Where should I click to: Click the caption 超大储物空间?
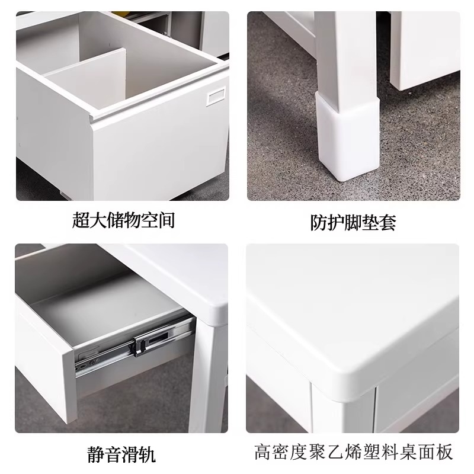(x=124, y=220)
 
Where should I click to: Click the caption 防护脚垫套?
(x=353, y=223)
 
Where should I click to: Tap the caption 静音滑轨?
(x=121, y=454)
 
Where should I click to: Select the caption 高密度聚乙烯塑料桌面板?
(x=353, y=451)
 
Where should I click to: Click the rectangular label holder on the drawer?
(x=216, y=97)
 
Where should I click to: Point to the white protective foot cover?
(x=348, y=136)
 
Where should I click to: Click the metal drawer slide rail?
(x=133, y=348)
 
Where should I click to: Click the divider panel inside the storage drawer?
(x=88, y=74)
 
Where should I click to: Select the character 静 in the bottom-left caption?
(x=96, y=454)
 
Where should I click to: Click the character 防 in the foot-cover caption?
(x=319, y=223)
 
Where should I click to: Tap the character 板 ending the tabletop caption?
(x=444, y=451)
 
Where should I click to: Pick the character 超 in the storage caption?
(x=81, y=220)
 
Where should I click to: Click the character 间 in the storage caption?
(x=166, y=220)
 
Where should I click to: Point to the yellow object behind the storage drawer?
(x=120, y=14)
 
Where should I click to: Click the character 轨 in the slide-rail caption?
(x=148, y=454)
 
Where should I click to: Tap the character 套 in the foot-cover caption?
(x=388, y=223)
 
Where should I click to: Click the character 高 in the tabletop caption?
(x=263, y=451)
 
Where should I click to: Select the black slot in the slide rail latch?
(x=158, y=338)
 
